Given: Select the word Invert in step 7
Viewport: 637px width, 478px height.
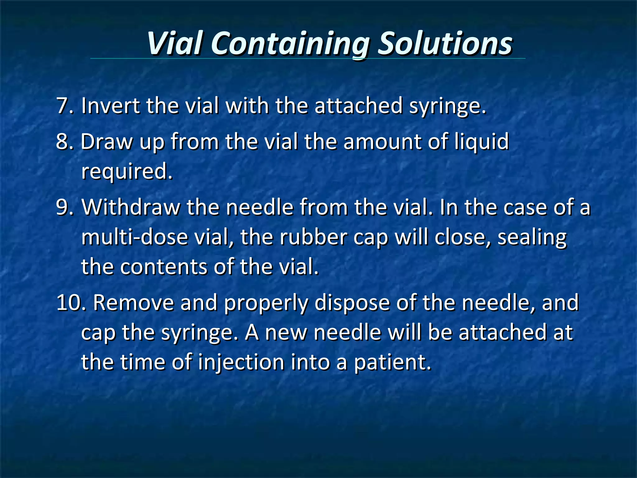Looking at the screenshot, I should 110,106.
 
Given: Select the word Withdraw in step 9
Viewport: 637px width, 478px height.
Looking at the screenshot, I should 131,207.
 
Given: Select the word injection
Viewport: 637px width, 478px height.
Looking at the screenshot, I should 241,363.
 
